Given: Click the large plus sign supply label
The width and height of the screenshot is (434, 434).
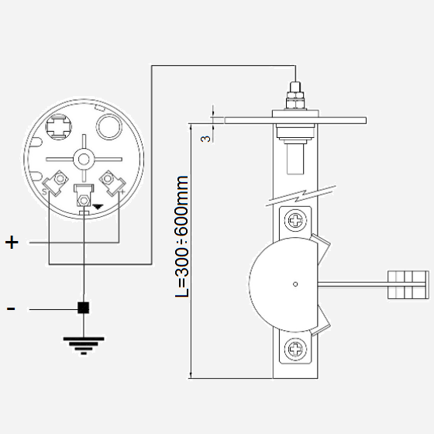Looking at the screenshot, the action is tap(12, 242).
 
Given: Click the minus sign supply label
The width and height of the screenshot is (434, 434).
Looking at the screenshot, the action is tap(11, 308).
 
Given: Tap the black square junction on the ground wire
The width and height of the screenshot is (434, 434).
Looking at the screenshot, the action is tap(84, 308).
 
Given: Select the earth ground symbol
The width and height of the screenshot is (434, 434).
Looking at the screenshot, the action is tap(84, 346).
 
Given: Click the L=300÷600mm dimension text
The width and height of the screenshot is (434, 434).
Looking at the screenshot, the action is tap(182, 236).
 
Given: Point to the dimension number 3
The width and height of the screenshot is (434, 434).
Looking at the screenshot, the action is tap(205, 139).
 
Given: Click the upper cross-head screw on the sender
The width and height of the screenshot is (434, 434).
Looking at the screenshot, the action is tap(295, 221).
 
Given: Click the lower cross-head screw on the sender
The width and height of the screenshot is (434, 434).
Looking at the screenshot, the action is tap(295, 349).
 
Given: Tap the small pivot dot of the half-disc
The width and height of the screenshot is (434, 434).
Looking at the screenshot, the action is tap(295, 284).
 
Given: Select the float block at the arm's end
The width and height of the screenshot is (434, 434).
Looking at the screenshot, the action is tap(408, 285).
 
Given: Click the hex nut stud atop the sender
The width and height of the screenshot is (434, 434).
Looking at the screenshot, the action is tap(295, 95).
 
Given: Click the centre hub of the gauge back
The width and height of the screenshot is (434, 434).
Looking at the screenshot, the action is tap(84, 159).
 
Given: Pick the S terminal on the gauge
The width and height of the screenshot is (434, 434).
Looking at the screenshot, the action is tap(56, 183).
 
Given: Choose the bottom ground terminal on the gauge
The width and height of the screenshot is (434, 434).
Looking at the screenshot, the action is tap(84, 195).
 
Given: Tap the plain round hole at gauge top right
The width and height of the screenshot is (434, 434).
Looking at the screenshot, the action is tap(108, 127).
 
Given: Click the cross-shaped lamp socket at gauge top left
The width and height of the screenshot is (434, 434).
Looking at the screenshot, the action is tap(59, 127).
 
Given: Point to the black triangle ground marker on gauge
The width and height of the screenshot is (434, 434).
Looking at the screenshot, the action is tap(98, 206).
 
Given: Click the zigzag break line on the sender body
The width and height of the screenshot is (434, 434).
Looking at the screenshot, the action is tap(301, 195).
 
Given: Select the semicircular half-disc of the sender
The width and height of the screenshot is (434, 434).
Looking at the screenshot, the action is tap(283, 284).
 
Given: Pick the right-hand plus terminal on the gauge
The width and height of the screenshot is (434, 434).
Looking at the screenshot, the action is tap(112, 183).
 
